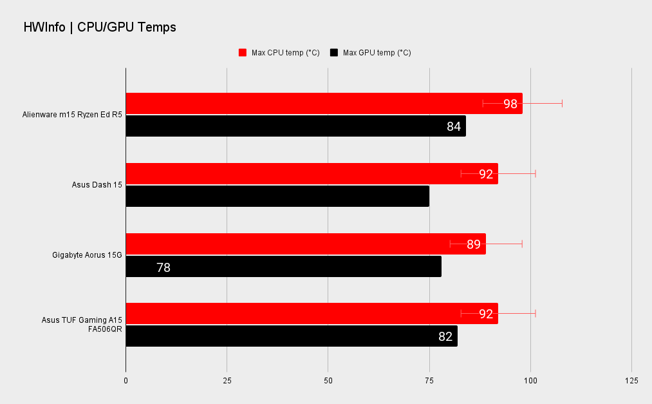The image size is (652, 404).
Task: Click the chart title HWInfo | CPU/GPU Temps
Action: [100, 28]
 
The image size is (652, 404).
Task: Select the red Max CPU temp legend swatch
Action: [243, 52]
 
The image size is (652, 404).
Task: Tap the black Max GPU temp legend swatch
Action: [334, 52]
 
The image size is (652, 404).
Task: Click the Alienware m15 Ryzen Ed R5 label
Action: [72, 115]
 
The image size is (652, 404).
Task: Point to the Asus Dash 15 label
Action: [97, 185]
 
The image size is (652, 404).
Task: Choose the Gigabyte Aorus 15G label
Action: [88, 255]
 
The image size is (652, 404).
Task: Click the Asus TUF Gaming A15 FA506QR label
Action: [82, 325]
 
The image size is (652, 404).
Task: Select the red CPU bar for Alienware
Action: [324, 104]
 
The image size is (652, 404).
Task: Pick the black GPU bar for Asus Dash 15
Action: [277, 196]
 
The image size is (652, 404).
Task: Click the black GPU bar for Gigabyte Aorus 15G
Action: [284, 266]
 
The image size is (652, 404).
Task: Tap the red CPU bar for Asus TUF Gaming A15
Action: [312, 314]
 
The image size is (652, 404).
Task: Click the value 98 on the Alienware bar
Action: [510, 104]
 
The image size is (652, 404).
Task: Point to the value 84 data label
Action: [454, 126]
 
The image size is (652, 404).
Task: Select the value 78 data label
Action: [163, 267]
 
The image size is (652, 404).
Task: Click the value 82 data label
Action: [445, 336]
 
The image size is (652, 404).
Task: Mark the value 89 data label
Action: [474, 244]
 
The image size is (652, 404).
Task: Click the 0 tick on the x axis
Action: [126, 381]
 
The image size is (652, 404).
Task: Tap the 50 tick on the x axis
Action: [328, 381]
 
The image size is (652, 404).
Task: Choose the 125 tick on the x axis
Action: [631, 381]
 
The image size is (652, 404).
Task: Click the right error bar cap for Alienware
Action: [562, 104]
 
